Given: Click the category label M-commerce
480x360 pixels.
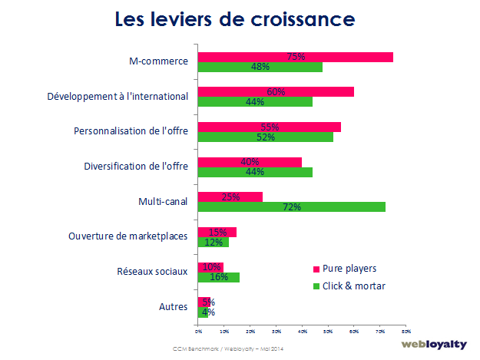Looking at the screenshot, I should (x=159, y=61).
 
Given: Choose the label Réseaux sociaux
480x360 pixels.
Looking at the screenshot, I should (x=151, y=272).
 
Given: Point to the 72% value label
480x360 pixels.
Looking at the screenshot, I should (x=291, y=207).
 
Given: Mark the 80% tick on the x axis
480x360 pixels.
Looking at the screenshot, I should (x=406, y=331).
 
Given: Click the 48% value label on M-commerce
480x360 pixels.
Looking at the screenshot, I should (x=260, y=67).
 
